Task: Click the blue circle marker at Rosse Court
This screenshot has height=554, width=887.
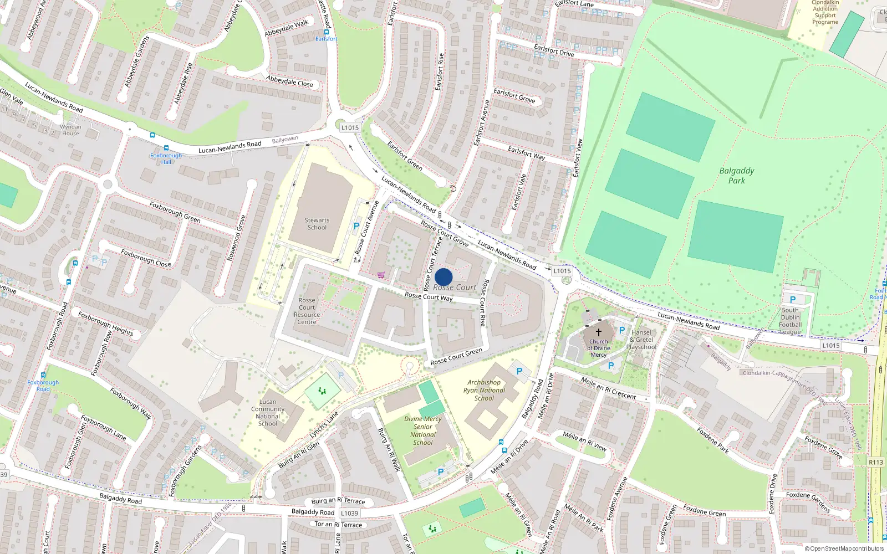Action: coord(443,277)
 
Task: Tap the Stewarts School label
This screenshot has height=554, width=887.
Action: coord(317,224)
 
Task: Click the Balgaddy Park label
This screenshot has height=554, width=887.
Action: coord(737,176)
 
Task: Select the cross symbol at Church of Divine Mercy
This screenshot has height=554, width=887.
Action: coord(599,332)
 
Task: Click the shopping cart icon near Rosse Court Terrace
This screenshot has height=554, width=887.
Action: coord(381,275)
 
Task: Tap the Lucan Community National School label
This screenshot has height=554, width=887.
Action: coord(268,413)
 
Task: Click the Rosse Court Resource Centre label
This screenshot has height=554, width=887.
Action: coord(307,311)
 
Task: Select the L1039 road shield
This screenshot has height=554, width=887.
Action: coord(349,514)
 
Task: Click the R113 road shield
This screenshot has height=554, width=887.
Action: coord(876,462)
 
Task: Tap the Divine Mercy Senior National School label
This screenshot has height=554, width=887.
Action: coord(423,430)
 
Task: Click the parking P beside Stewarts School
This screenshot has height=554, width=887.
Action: coord(356,226)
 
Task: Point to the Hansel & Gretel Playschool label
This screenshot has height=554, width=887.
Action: coord(641,340)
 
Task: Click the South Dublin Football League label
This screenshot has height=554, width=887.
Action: coord(791,321)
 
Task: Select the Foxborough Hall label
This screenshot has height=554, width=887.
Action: coord(166,158)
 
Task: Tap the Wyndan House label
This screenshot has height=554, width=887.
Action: coord(70,130)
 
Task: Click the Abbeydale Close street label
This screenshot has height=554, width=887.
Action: coord(289,81)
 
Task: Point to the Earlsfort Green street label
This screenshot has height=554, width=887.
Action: coord(405,156)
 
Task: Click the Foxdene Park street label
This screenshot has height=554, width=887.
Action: coord(713,440)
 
